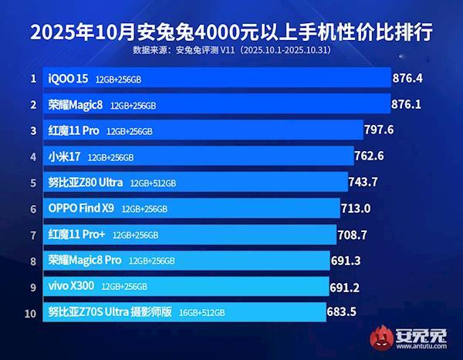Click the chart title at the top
point(231,33)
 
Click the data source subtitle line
point(231,52)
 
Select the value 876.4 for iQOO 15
point(411,78)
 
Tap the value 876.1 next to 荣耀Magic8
point(410,104)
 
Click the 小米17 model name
point(65,156)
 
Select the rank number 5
point(33,183)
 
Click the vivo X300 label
point(72,287)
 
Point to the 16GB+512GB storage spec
point(203,313)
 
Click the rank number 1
point(33,78)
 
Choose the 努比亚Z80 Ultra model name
point(86,183)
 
